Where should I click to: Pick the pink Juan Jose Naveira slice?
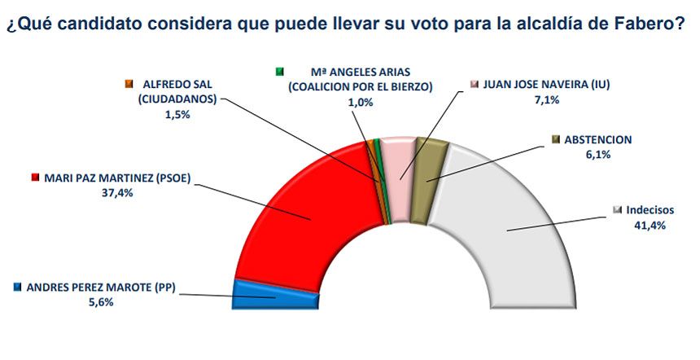[396, 159]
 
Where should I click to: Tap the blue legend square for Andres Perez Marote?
[18, 287]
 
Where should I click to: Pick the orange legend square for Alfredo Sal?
[128, 84]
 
